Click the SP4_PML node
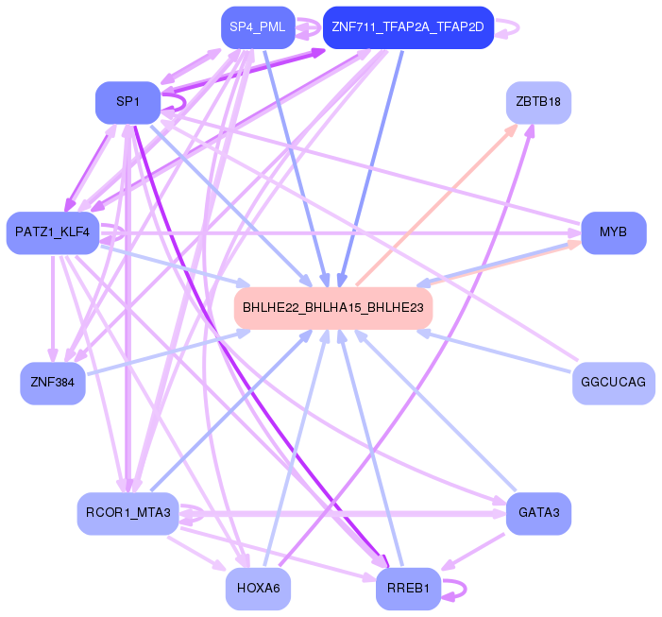click(257, 27)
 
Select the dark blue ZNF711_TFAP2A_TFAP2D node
click(408, 27)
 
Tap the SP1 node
click(127, 102)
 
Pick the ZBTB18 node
click(538, 102)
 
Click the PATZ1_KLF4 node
click(52, 232)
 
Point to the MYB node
click(613, 232)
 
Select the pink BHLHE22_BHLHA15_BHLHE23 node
click(333, 308)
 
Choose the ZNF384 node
click(53, 383)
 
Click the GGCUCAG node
click(613, 383)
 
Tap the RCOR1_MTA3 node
click(127, 513)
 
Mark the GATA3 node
click(538, 513)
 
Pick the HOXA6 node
click(258, 589)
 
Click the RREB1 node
click(408, 589)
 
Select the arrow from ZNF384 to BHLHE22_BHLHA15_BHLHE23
click(161, 354)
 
